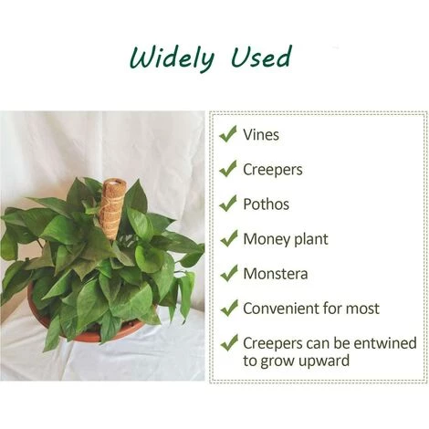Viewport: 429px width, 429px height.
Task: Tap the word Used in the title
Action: point(259,58)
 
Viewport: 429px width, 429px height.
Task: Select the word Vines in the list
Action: point(261,135)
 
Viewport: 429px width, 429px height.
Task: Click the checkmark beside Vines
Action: point(227,134)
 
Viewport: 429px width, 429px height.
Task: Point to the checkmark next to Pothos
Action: point(227,204)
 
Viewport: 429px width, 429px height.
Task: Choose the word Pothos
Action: point(267,204)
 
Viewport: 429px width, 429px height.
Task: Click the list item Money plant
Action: point(285,239)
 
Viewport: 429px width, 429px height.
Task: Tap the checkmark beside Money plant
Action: point(227,238)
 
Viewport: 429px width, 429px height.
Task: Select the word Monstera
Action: point(275,274)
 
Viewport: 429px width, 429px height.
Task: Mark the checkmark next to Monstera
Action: point(227,273)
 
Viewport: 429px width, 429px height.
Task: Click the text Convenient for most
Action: point(310,309)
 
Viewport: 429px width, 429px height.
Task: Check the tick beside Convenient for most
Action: point(227,308)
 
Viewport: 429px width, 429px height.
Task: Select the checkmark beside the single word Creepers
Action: point(227,169)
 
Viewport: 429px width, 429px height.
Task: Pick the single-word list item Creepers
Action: point(272,170)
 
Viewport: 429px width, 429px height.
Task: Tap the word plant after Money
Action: point(309,240)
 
